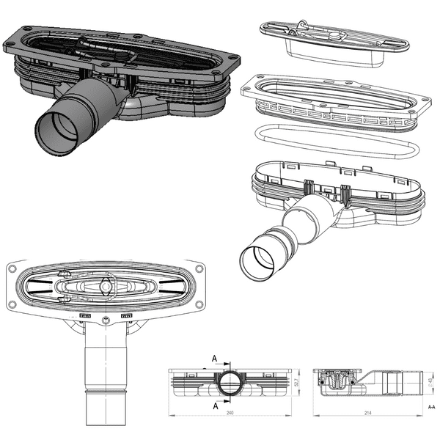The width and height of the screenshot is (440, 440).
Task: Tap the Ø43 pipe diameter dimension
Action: [432, 382]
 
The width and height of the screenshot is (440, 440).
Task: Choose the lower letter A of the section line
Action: [214, 405]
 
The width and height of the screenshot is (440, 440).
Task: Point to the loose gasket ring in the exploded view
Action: [334, 142]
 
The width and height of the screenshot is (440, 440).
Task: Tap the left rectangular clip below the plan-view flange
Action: [85, 317]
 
